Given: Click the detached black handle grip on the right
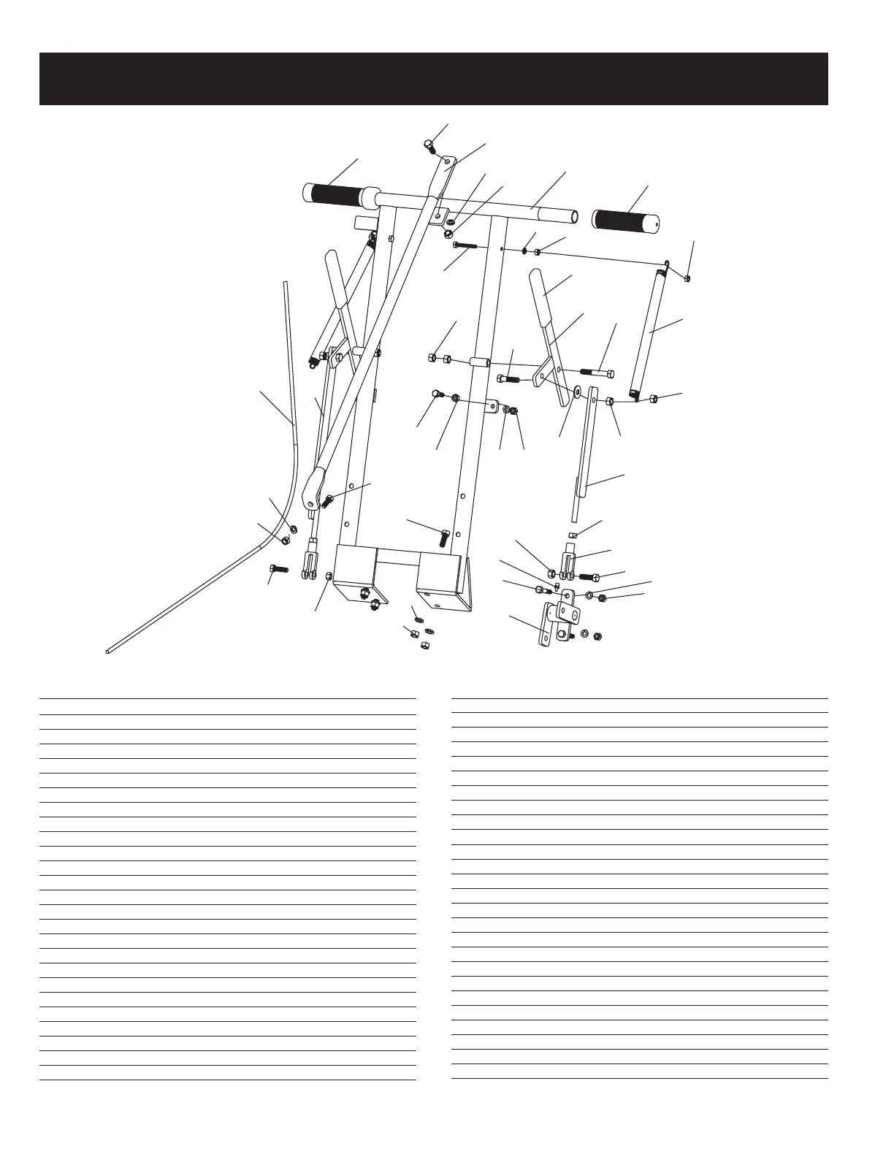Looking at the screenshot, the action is coord(627,220).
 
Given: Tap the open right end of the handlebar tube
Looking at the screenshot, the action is coord(574,217).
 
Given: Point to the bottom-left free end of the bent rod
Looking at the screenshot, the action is coord(108,649).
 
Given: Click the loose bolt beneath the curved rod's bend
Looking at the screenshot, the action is coord(278,568).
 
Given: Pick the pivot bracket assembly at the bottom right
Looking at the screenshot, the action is coord(559,621).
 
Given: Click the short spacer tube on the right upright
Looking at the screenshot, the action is coord(478,362).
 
